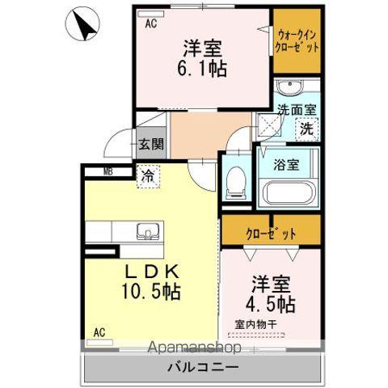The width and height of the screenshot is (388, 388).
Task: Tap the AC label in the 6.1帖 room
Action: [150, 23]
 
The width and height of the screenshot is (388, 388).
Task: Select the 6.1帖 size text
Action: [202, 68]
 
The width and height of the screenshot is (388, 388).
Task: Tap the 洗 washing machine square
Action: [306, 128]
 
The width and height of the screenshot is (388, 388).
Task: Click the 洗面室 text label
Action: [296, 108]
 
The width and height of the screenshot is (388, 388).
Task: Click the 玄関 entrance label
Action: [150, 144]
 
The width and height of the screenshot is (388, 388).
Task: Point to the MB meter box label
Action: [109, 171]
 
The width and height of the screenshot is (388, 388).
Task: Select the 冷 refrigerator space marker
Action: [148, 175]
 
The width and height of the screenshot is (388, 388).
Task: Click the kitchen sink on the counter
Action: [147, 233]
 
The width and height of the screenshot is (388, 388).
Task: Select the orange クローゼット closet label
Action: [271, 233]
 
